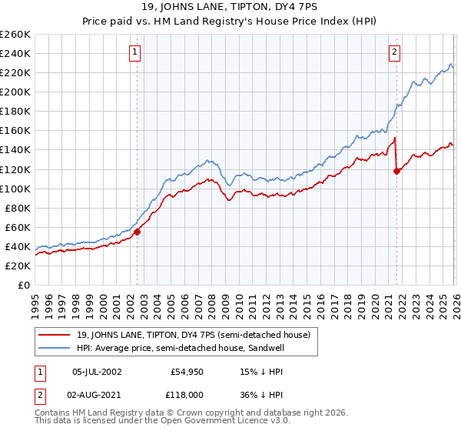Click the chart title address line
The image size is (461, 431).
(230, 8)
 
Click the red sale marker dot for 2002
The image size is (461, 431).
(137, 232)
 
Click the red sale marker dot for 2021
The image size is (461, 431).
(396, 171)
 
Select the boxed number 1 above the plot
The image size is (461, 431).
(134, 52)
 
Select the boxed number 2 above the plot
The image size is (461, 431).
(394, 52)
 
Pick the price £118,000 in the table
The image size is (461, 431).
(187, 395)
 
